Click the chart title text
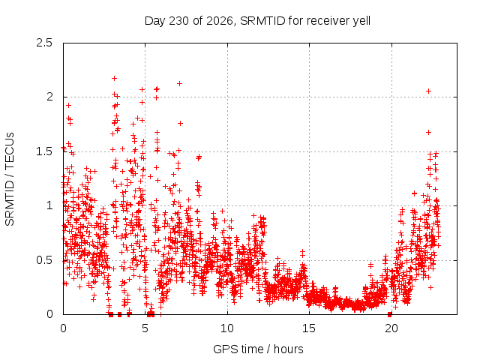pyautogui.click(x=257, y=21)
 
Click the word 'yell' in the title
pyautogui.click(x=361, y=21)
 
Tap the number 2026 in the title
pyautogui.click(x=220, y=21)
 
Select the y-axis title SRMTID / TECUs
pyautogui.click(x=10, y=179)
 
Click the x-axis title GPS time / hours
pyautogui.click(x=258, y=349)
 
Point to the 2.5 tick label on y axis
pyautogui.click(x=44, y=43)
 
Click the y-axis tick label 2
pyautogui.click(x=49, y=97)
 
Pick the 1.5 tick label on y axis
pyautogui.click(x=44, y=151)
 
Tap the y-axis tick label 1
pyautogui.click(x=49, y=205)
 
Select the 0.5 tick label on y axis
pyautogui.click(x=44, y=260)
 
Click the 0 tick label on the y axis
pyautogui.click(x=49, y=314)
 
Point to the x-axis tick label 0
pyautogui.click(x=63, y=328)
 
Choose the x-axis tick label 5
pyautogui.click(x=145, y=328)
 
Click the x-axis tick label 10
pyautogui.click(x=227, y=328)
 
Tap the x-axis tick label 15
pyautogui.click(x=309, y=328)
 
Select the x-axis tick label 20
pyautogui.click(x=391, y=328)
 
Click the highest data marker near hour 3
pyautogui.click(x=115, y=78)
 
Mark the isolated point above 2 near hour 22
pyautogui.click(x=428, y=91)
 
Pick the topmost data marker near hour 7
pyautogui.click(x=180, y=83)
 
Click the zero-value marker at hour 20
pyautogui.click(x=390, y=314)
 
